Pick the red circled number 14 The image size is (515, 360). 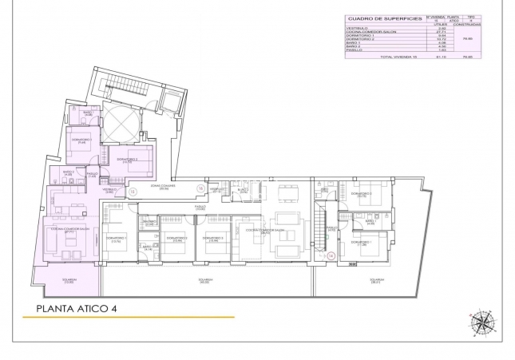click(331, 255)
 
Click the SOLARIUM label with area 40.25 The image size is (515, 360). click(205, 280)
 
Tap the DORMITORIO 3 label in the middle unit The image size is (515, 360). click(211, 237)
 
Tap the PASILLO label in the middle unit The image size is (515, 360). click(200, 206)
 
